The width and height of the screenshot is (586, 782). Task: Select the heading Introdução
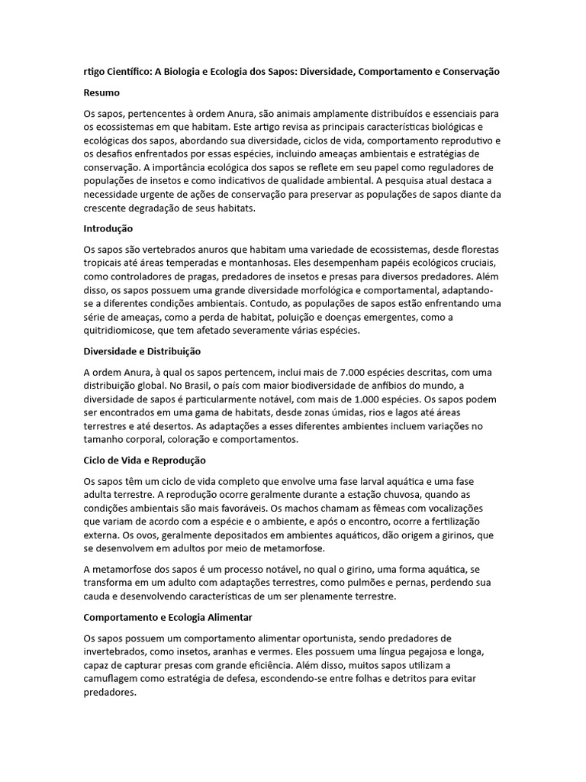[108, 228]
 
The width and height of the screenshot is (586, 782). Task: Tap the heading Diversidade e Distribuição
[141, 351]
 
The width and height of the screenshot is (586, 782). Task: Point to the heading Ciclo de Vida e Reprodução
[144, 460]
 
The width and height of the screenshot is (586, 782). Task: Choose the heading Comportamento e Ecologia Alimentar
[167, 616]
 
